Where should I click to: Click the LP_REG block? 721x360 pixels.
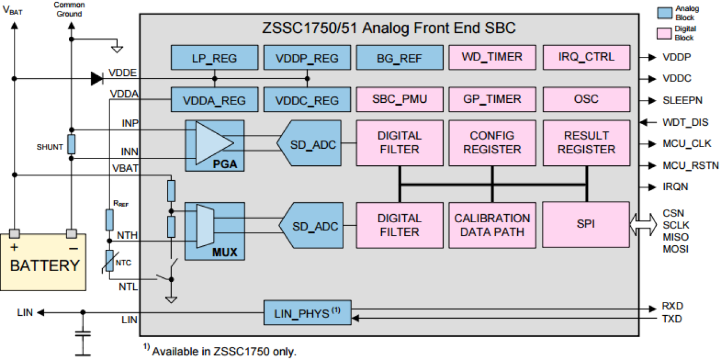pos(214,58)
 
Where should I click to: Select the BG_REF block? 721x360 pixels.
pos(400,58)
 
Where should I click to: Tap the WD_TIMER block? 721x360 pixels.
pos(492,57)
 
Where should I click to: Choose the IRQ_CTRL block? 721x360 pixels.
pos(586,57)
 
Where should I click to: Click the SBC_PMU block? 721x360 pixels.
pos(400,99)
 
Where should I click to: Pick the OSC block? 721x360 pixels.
pos(586,99)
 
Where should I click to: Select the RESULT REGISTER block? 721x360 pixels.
pos(586,142)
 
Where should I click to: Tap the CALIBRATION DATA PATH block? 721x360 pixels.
pos(492,224)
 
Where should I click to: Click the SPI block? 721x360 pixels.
pos(586,224)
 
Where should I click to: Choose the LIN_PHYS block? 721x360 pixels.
pos(307,312)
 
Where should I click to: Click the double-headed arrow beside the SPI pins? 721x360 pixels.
pos(642,224)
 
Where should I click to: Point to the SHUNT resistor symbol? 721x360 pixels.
pos(71,144)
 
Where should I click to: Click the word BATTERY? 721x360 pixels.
pos(44,266)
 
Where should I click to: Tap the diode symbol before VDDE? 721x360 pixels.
pos(96,78)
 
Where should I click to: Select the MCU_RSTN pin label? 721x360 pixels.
pos(691,166)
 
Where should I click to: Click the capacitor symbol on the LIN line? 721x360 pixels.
pos(83,334)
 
